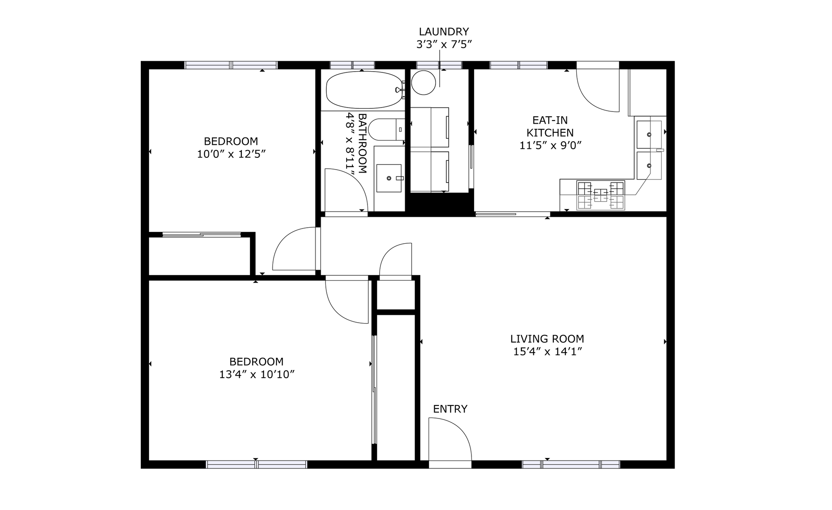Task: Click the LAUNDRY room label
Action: [444, 32]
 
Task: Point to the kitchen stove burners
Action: [601, 195]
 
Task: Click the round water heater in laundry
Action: [423, 82]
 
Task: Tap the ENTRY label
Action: [450, 409]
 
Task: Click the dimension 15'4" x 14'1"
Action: [547, 352]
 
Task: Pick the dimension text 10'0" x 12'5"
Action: [231, 154]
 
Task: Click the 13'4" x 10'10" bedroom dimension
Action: [257, 374]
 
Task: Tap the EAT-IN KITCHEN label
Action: [550, 126]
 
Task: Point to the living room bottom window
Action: [571, 464]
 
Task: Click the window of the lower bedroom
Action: [257, 464]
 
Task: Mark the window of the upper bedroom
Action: [231, 65]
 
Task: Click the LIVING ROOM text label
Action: [547, 339]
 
